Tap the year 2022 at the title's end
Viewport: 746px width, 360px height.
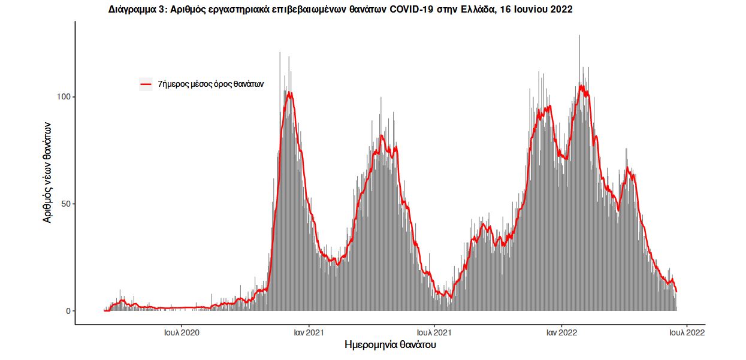(561, 10)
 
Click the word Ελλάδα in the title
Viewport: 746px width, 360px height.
(478, 10)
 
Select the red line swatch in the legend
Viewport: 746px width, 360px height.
(146, 84)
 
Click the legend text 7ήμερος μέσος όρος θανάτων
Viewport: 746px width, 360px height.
(210, 84)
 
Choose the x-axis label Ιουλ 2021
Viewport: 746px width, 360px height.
(434, 332)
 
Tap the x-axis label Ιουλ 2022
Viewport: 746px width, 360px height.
(686, 332)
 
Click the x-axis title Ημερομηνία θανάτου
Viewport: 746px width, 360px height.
(389, 346)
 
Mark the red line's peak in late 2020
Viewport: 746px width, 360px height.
(290, 93)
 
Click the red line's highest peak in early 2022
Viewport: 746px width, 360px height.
(581, 86)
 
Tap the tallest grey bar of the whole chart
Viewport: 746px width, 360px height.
(579, 36)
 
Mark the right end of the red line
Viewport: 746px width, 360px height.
(676, 292)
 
